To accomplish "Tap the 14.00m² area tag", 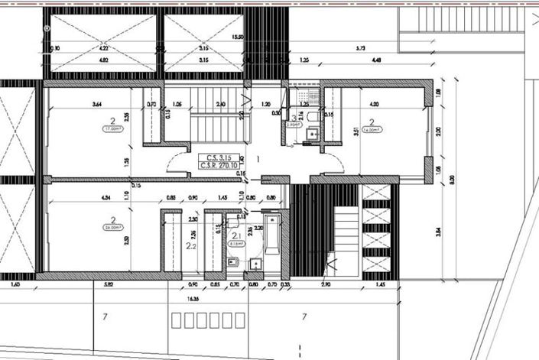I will coord(371,130).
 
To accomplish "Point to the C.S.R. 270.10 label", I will coord(219,164).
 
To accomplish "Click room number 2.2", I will coord(191,246).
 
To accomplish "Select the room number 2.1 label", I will coord(237,236).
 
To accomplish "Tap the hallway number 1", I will coord(258,160).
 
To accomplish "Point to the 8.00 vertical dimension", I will coord(452,180).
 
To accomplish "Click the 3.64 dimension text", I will coord(96,104).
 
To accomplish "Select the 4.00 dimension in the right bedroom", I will coord(374,104).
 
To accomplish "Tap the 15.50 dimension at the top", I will coord(238,37).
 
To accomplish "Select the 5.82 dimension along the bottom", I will coord(110,285).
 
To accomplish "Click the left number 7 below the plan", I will coord(103,316).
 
